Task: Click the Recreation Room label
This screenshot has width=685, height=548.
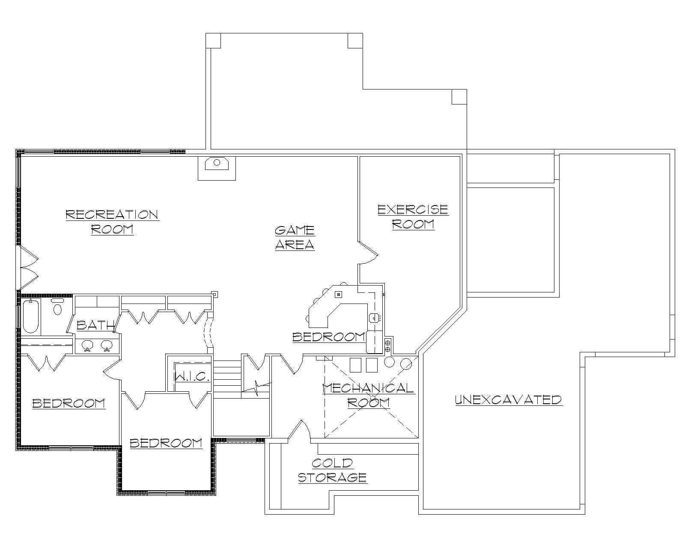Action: click(x=112, y=221)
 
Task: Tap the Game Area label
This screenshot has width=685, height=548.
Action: click(x=295, y=238)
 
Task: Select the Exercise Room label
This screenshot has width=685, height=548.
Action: click(x=413, y=217)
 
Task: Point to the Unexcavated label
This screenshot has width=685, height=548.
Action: click(x=508, y=400)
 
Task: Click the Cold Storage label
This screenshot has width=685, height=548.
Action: click(x=332, y=470)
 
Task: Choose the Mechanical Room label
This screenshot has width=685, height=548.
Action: click(x=368, y=395)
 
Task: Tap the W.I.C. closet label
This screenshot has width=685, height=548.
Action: click(x=191, y=377)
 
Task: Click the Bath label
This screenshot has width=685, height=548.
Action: click(x=95, y=325)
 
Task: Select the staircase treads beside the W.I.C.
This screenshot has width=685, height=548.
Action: click(x=227, y=377)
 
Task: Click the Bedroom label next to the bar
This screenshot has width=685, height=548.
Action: click(x=328, y=337)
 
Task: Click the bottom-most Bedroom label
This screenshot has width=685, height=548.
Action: click(x=166, y=443)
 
